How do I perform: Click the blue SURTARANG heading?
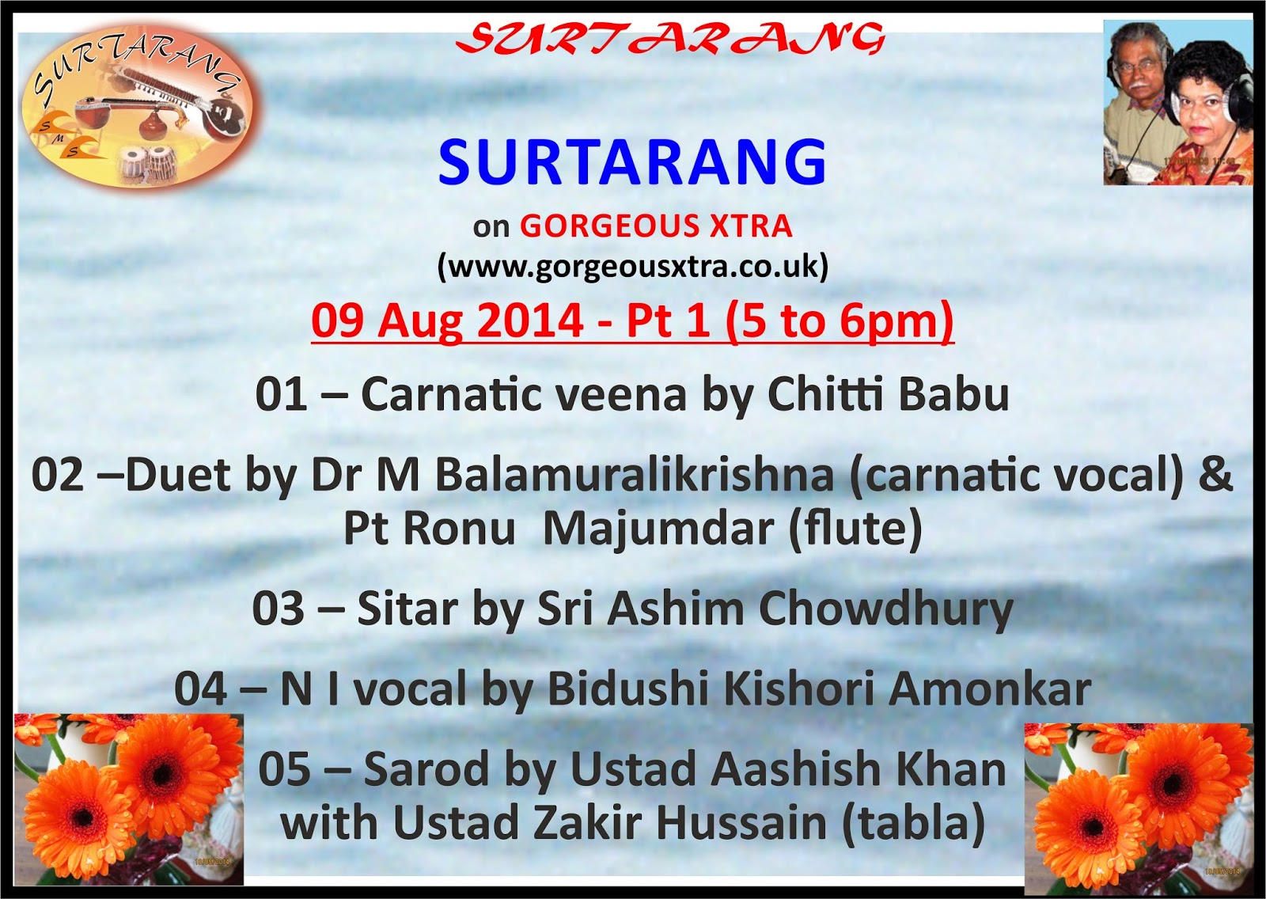(x=632, y=162)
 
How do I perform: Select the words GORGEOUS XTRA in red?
(x=656, y=226)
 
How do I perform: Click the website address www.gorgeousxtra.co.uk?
(x=632, y=267)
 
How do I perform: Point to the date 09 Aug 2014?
(x=447, y=321)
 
